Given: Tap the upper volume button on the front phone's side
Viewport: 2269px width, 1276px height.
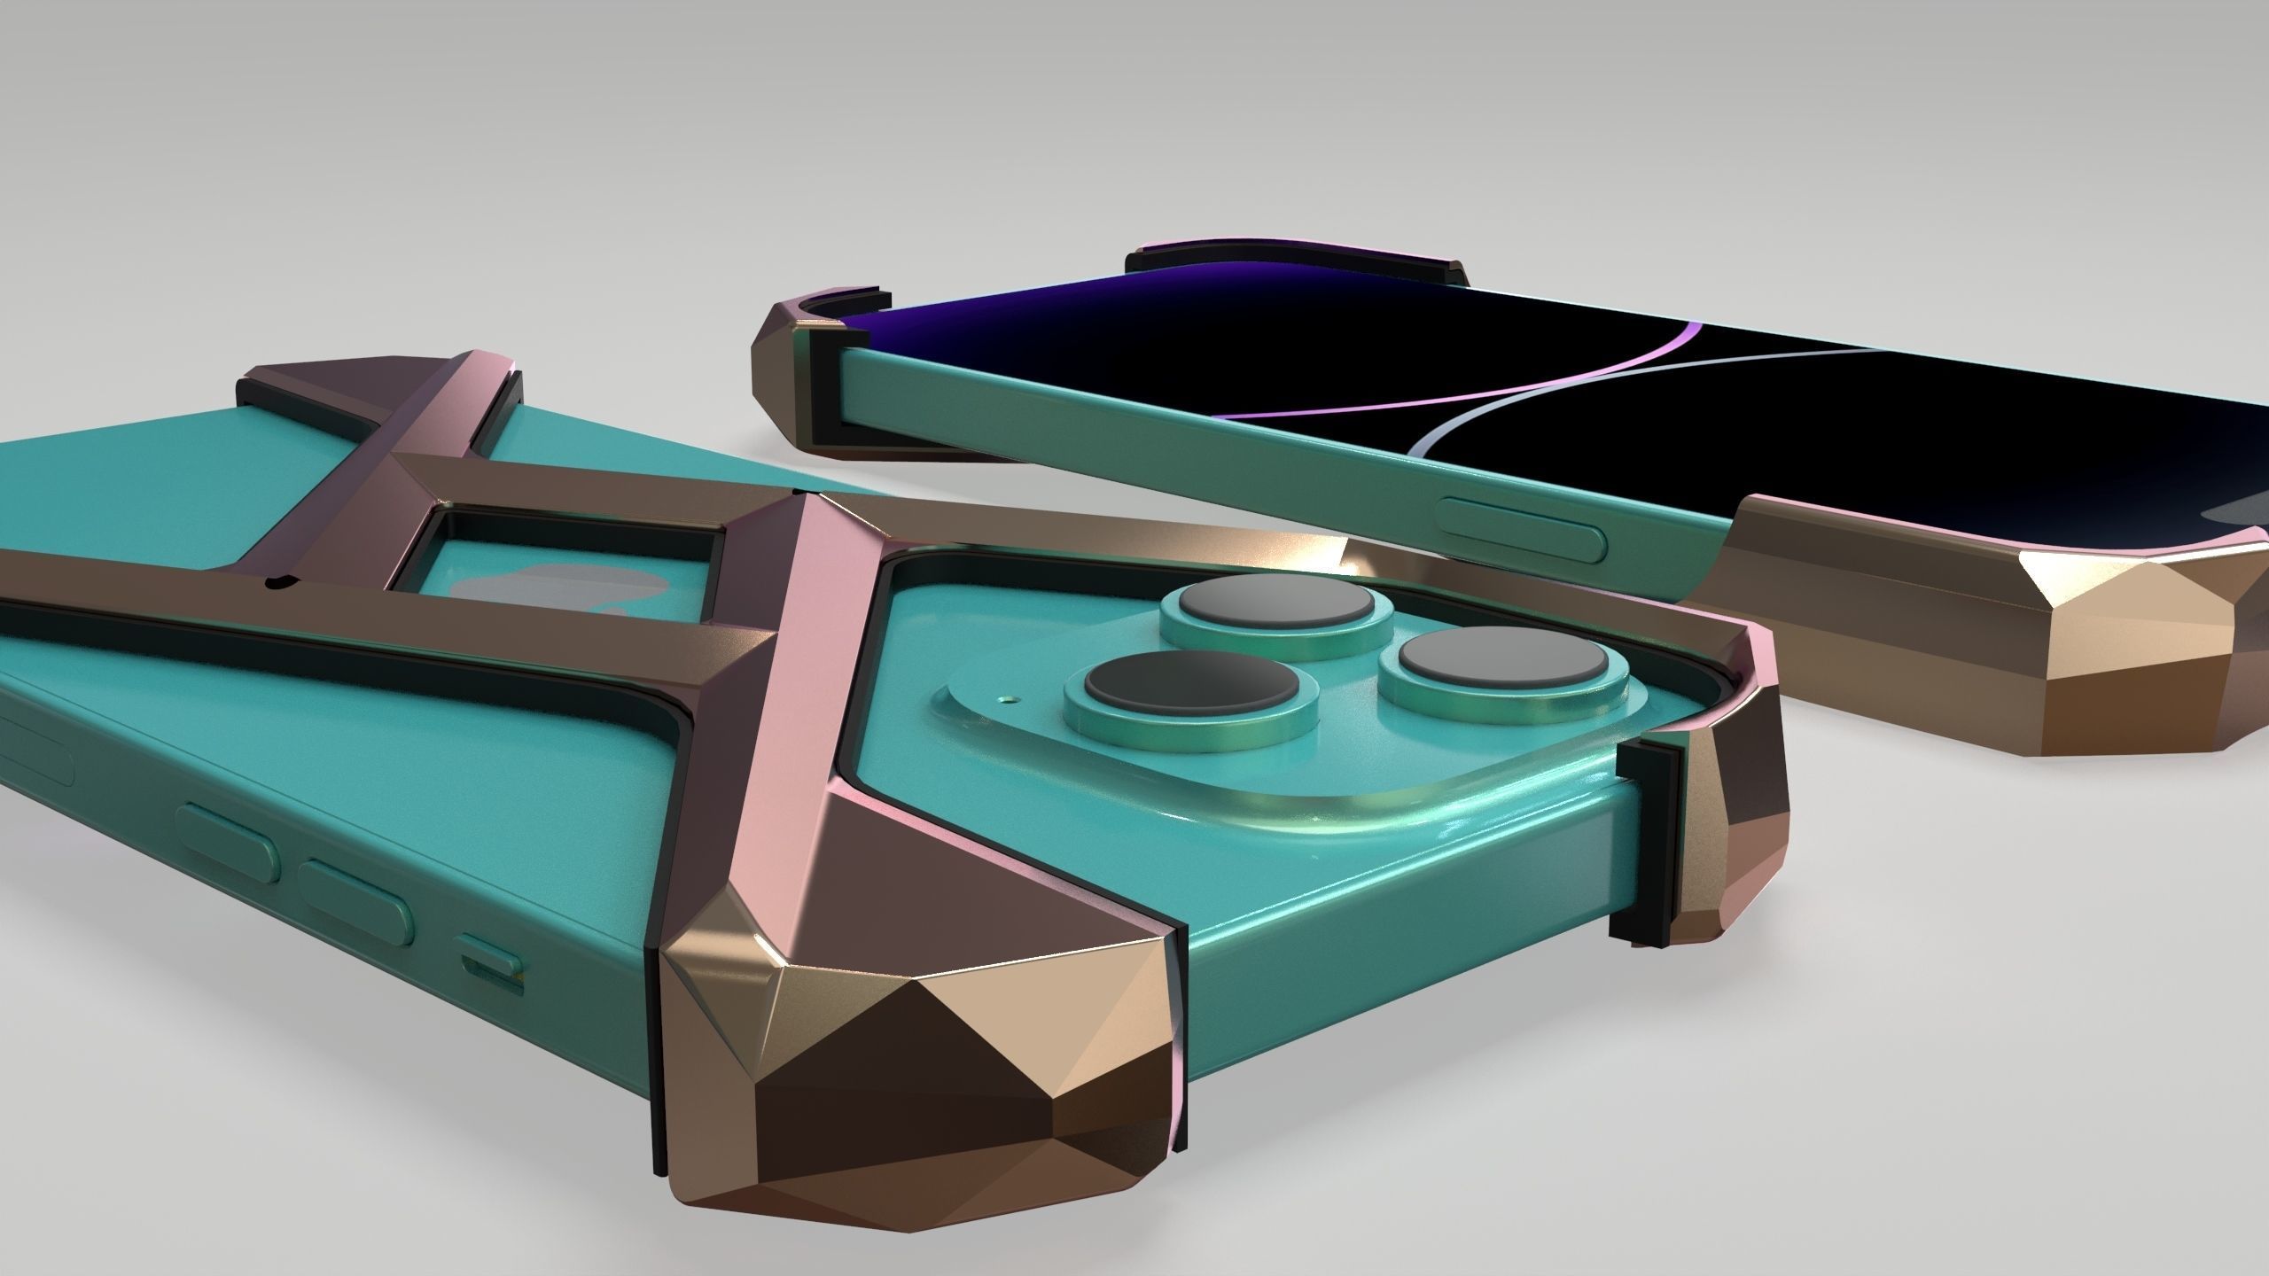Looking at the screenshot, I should coord(228,848).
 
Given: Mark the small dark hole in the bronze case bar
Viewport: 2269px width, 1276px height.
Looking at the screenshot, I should coord(281,582).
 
